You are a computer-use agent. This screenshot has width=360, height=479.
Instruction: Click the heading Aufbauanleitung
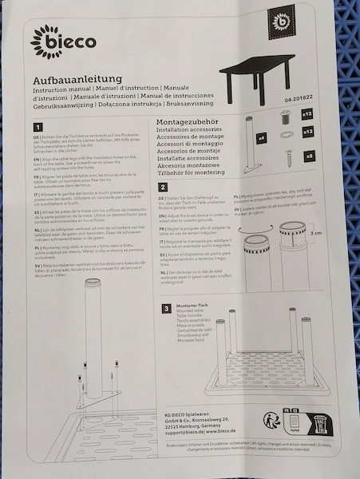point(77,80)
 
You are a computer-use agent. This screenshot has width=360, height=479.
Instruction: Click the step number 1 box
point(38,127)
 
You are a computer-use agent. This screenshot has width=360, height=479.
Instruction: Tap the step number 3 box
point(166,308)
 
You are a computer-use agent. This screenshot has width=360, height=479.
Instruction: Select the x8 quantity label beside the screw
point(309,155)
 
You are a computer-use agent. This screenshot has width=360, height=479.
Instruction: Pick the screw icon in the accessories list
point(287,154)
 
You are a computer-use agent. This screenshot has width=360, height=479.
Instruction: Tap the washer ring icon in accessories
point(287,136)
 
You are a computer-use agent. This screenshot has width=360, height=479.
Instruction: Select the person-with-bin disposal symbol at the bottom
point(272,421)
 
